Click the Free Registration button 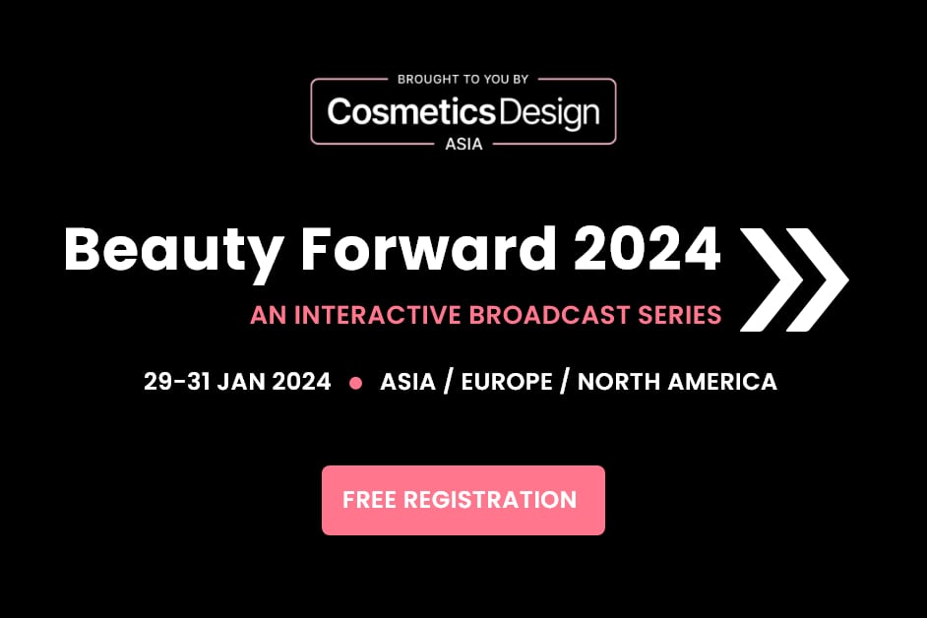click(x=463, y=500)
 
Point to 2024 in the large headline click(x=648, y=251)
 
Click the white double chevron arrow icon click(x=793, y=278)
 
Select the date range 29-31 click(x=175, y=382)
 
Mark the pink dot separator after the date click(x=355, y=383)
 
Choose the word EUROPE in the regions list click(x=507, y=382)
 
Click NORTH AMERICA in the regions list click(x=677, y=382)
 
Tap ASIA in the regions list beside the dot click(x=407, y=382)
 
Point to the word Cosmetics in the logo click(x=410, y=112)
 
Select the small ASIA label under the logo click(x=463, y=144)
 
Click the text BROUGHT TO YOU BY click(x=463, y=79)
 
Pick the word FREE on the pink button click(x=368, y=500)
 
